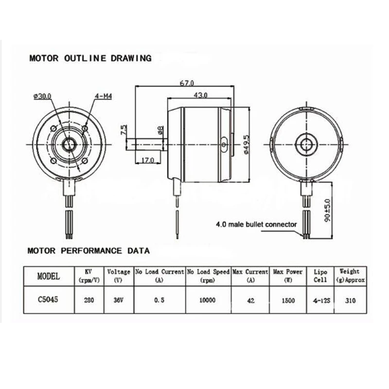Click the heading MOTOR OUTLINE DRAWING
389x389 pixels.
pyautogui.click(x=90, y=58)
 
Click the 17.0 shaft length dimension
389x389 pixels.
pyautogui.click(x=147, y=159)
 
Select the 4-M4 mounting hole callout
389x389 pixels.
pyautogui.click(x=104, y=96)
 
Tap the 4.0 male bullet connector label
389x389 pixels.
pyautogui.click(x=256, y=225)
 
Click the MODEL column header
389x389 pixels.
pyautogui.click(x=49, y=276)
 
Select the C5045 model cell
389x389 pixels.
pyautogui.click(x=49, y=301)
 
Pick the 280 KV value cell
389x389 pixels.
pyautogui.click(x=89, y=301)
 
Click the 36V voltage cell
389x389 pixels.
pyautogui.click(x=118, y=301)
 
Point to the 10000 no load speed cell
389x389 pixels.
pyautogui.click(x=208, y=301)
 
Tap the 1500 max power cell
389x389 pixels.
pyautogui.click(x=288, y=301)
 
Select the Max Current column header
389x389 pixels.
pyautogui.click(x=250, y=275)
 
